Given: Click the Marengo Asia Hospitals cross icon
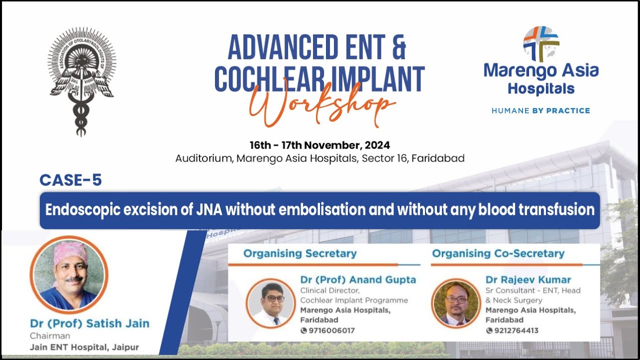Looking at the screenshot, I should pyautogui.click(x=541, y=44).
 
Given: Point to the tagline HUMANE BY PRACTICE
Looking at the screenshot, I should pyautogui.click(x=540, y=110).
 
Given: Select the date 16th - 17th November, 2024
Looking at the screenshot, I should pyautogui.click(x=319, y=145).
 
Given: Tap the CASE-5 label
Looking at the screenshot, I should pyautogui.click(x=70, y=180).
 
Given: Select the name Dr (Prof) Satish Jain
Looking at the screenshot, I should pyautogui.click(x=89, y=323).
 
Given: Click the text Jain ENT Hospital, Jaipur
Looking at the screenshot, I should pyautogui.click(x=84, y=347).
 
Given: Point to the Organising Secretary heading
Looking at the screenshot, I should pyautogui.click(x=300, y=253).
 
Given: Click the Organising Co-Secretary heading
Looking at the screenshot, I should pyautogui.click(x=498, y=253).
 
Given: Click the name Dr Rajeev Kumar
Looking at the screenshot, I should pyautogui.click(x=528, y=279).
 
